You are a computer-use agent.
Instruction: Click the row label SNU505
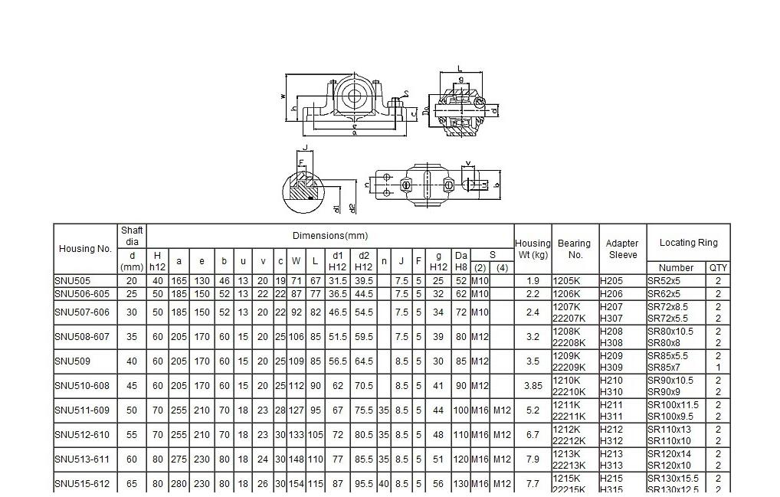tap(72, 281)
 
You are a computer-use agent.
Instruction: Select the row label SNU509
tap(70, 361)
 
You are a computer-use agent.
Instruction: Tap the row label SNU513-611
tap(82, 459)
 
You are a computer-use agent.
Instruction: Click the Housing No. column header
tap(85, 249)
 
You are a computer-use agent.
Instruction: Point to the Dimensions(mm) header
tap(329, 235)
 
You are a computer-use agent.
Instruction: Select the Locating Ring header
tap(688, 243)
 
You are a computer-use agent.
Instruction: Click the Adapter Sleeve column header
tap(622, 249)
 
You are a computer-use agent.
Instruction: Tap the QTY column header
tap(719, 268)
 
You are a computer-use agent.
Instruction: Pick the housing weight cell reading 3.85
tap(533, 386)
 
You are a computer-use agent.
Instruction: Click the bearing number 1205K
tap(568, 281)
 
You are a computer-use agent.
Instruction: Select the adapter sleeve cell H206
tap(611, 293)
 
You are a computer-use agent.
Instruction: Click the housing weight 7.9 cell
tap(533, 459)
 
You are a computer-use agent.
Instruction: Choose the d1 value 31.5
tap(337, 281)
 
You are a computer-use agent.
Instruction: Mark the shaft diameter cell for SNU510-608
tap(132, 386)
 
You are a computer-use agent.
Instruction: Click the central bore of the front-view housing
tap(355, 97)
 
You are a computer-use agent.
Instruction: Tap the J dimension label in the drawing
tap(305, 148)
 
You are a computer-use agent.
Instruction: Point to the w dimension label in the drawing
tap(283, 96)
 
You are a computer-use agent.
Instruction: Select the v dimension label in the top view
tap(468, 162)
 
